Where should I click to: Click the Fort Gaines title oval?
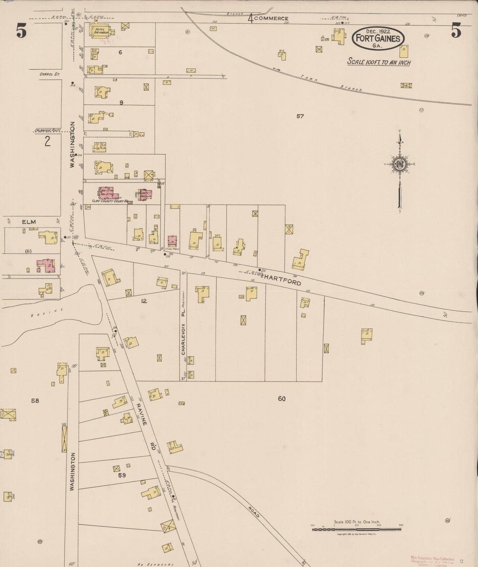(378, 38)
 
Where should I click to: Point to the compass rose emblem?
(400, 164)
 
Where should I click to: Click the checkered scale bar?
(357, 529)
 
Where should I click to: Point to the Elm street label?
(29, 222)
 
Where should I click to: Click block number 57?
(300, 116)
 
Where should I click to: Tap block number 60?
(282, 399)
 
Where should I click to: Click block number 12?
(144, 301)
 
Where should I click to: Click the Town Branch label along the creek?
(331, 83)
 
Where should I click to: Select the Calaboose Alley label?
(48, 130)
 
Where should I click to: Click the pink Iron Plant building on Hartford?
(172, 241)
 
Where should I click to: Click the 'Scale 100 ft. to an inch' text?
(379, 62)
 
